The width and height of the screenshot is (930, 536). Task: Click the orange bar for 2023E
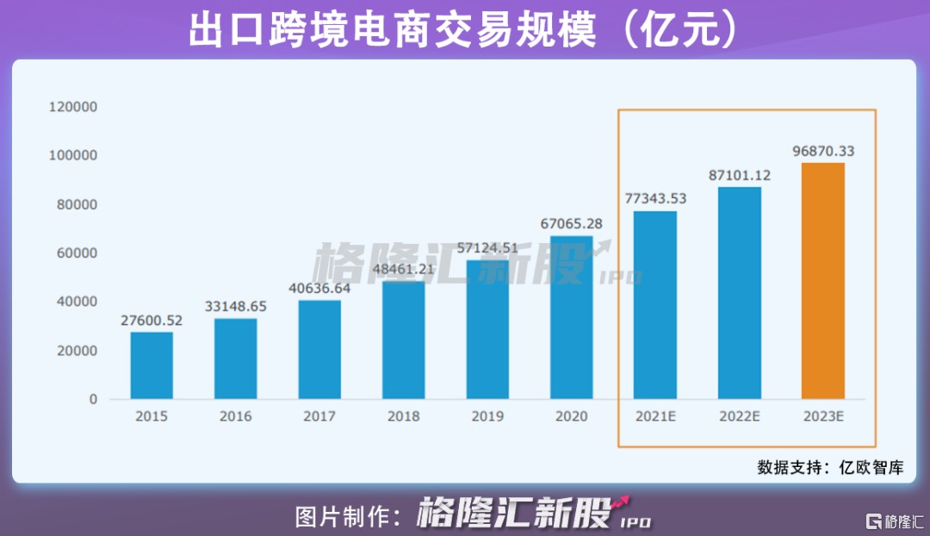click(x=823, y=281)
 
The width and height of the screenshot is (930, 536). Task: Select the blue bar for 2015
click(x=152, y=365)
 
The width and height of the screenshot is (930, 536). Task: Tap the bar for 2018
click(x=404, y=340)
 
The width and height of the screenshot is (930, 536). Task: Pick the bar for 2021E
click(x=655, y=305)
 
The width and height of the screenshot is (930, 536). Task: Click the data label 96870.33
click(x=823, y=151)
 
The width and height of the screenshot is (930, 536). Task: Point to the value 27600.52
click(x=152, y=320)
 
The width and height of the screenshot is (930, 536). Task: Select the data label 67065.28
click(x=572, y=223)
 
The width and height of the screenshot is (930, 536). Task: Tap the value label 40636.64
click(x=319, y=288)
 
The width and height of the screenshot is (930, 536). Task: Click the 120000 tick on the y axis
click(x=73, y=107)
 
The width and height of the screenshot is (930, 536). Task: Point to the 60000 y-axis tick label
click(x=77, y=253)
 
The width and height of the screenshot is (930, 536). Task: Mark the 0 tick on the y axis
click(x=92, y=400)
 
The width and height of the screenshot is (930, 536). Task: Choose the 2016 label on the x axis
click(x=235, y=416)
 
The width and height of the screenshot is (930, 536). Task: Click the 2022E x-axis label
click(x=739, y=416)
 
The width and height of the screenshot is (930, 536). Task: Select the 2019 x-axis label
click(x=487, y=416)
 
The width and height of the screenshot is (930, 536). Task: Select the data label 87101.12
click(x=739, y=175)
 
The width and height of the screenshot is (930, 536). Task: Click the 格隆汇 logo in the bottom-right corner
click(x=896, y=521)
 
